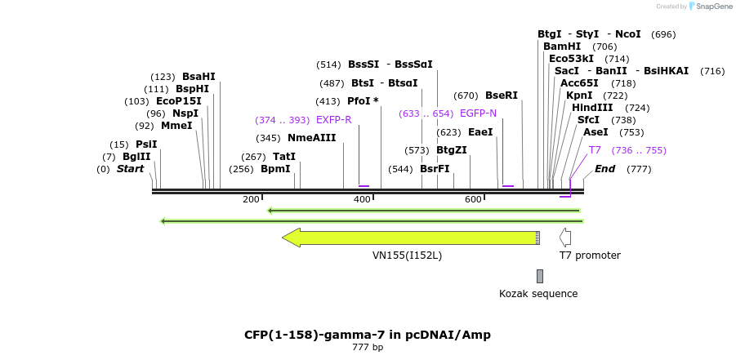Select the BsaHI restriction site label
coord(198,76)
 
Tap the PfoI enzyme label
coord(363,101)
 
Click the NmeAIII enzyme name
coord(311,138)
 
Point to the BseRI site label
coord(502,96)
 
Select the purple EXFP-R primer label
coord(333,120)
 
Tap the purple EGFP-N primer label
coord(478,113)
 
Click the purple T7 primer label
coord(595,150)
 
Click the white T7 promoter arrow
coord(565,238)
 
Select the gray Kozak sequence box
coord(539,276)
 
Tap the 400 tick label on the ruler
coord(362,199)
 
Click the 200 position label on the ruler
coord(251,199)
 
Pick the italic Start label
coord(130,169)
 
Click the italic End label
coord(604,169)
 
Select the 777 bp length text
coord(368,348)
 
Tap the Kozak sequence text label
coord(538,294)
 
